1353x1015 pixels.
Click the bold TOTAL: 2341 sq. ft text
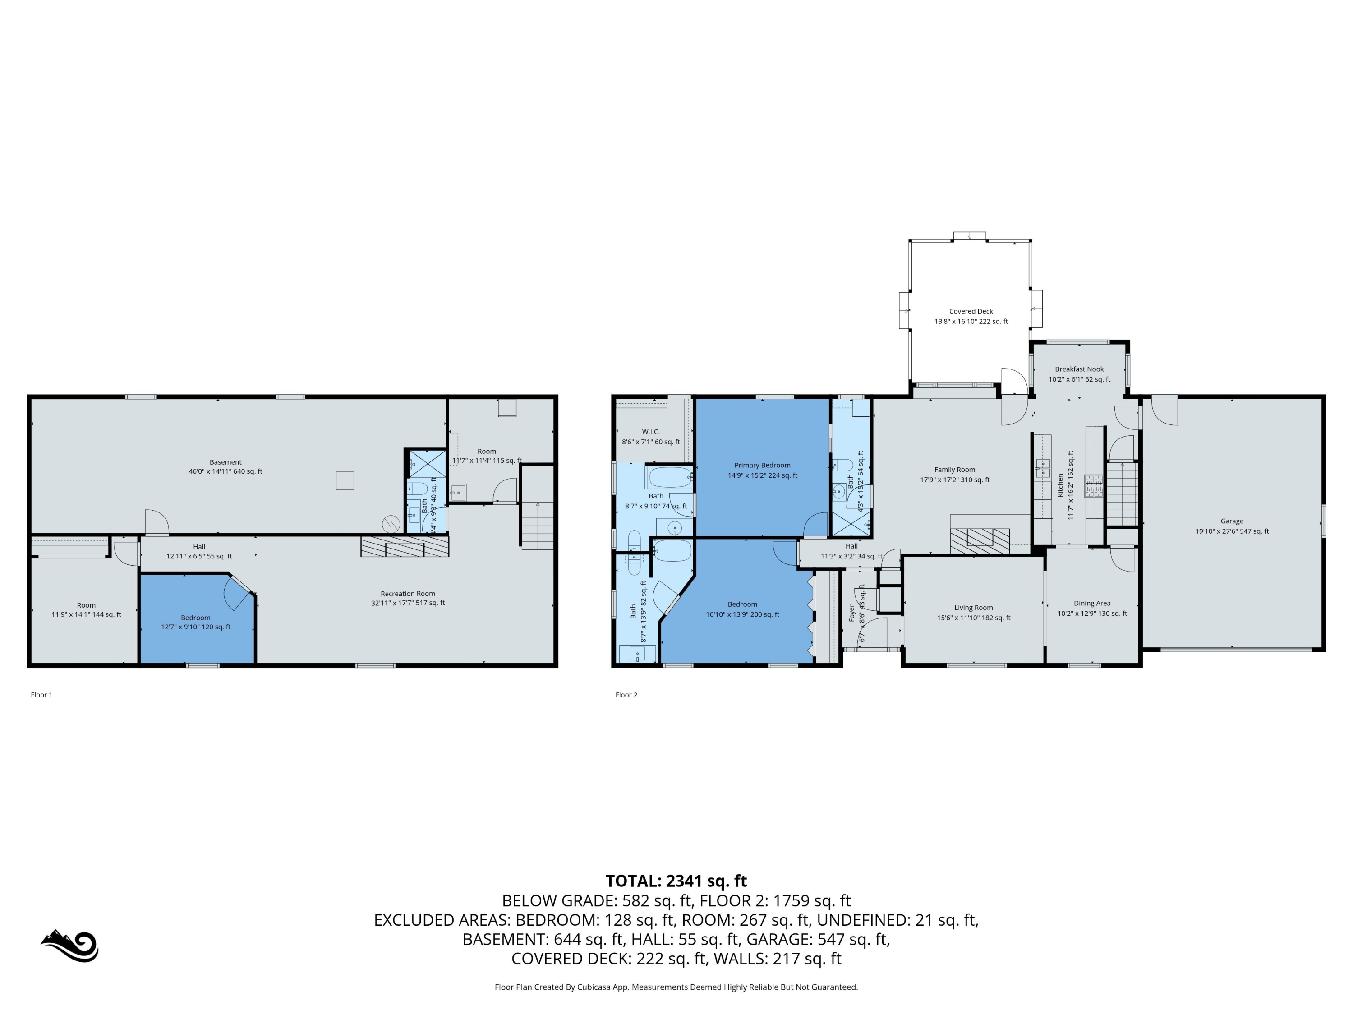pos(676,881)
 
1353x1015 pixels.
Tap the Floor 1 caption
pos(41,694)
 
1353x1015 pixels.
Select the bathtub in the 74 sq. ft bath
pos(669,477)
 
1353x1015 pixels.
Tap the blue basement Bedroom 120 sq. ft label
pos(196,622)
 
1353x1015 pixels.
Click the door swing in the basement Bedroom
pos(237,592)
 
